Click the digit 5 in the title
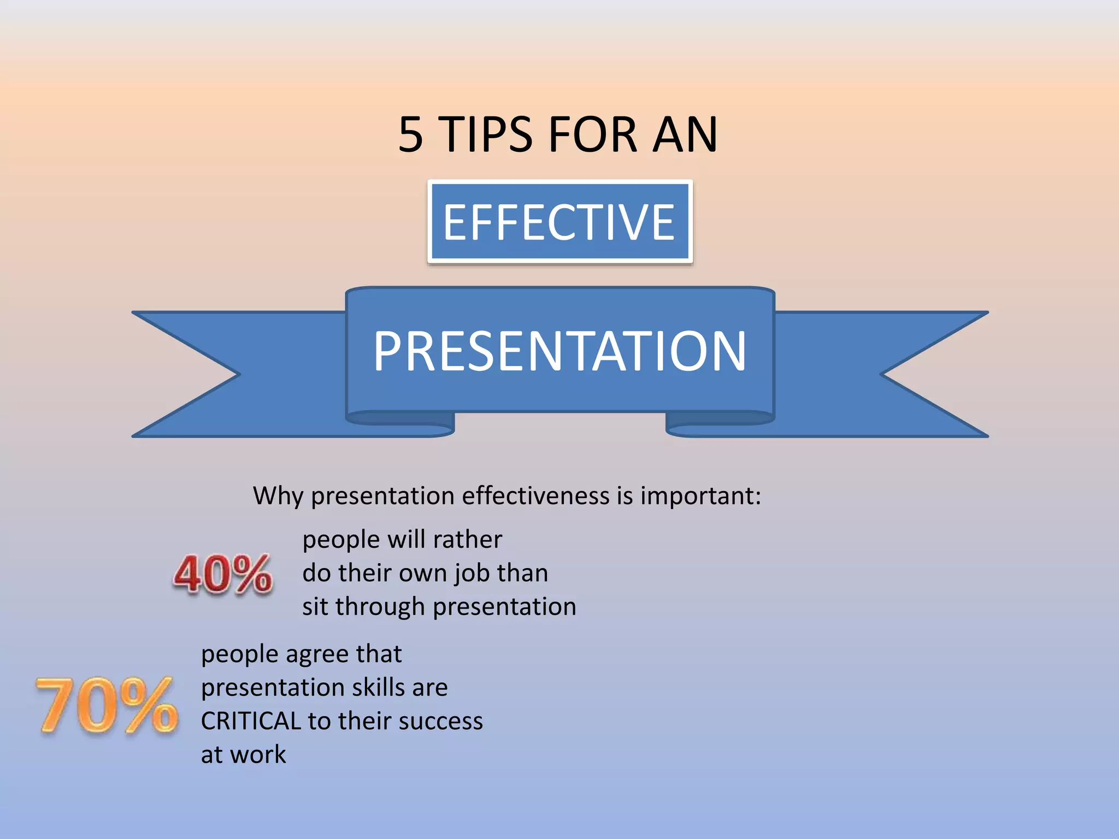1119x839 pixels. point(411,134)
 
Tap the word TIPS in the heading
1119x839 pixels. point(486,134)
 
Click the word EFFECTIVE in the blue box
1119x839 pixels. point(559,222)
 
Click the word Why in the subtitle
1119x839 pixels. point(278,496)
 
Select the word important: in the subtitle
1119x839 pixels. point(700,496)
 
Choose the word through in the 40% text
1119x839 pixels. point(380,607)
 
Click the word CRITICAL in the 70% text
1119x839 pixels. point(251,721)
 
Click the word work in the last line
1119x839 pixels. point(257,755)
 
